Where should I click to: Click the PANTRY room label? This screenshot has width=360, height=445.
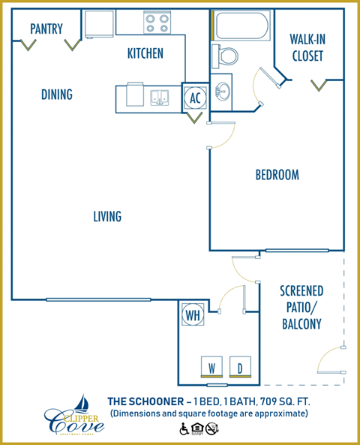click(46, 29)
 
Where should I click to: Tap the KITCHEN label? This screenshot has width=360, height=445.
click(145, 54)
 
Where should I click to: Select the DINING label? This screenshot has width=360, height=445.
click(56, 95)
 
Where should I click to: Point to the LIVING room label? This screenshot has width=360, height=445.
click(107, 217)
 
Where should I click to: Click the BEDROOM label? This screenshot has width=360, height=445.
click(277, 175)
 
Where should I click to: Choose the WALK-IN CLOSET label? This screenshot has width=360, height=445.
click(307, 48)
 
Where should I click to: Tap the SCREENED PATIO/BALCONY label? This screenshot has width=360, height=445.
click(301, 308)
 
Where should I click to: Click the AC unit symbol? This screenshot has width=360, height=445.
click(194, 98)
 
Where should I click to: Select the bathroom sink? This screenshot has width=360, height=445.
click(221, 94)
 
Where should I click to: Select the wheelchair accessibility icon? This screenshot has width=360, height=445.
click(184, 429)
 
